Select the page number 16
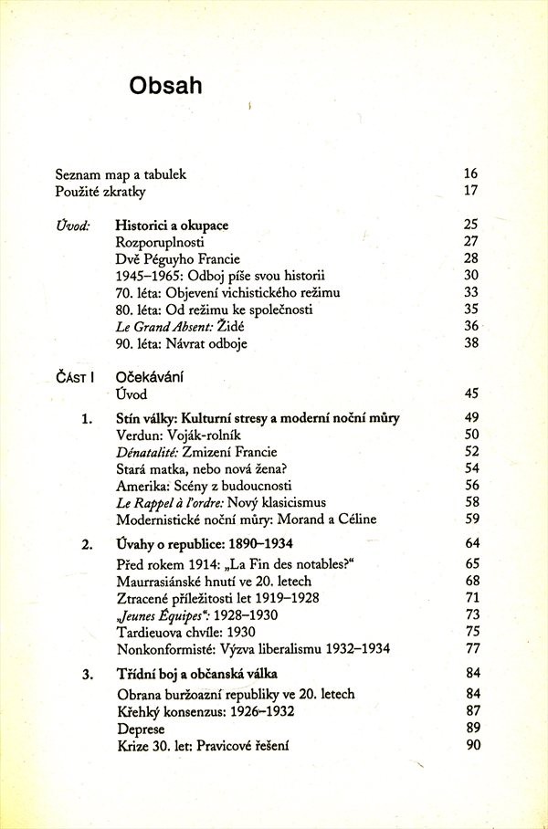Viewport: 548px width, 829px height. click(471, 173)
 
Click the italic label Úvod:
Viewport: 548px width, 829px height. click(72, 225)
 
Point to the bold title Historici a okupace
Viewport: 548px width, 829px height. click(172, 225)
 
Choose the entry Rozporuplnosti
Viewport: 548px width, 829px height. click(160, 242)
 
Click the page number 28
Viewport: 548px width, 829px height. click(471, 259)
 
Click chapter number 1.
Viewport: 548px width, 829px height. click(87, 418)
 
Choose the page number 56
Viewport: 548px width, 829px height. click(471, 486)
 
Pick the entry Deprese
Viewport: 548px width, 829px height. click(142, 729)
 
